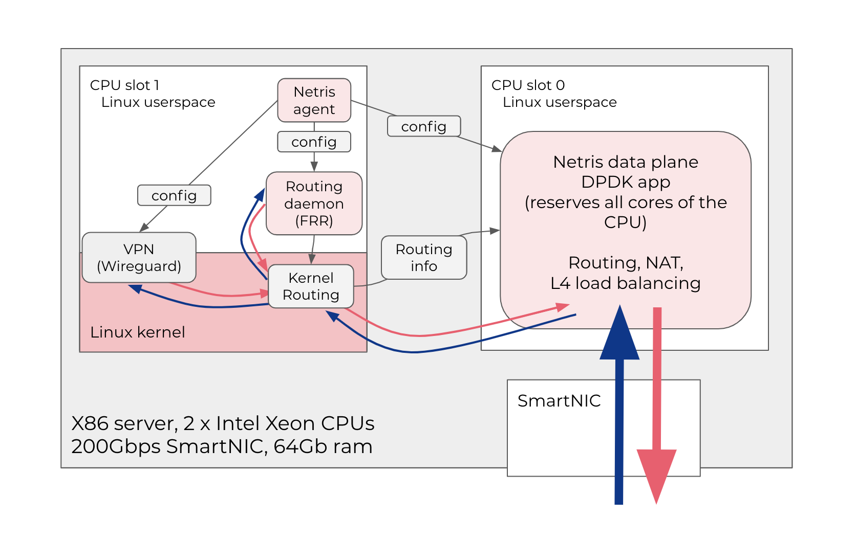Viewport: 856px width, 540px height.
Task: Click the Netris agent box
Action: click(314, 100)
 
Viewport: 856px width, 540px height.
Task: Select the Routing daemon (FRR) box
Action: click(314, 204)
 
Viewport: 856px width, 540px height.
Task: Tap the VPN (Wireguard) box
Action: click(139, 257)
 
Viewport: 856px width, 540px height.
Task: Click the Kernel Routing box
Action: click(311, 286)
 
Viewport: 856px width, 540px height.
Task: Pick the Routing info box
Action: click(423, 257)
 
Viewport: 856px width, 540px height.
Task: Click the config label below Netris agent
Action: click(314, 142)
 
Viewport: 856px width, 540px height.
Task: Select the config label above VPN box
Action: click(174, 195)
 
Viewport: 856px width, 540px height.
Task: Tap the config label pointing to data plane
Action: click(423, 126)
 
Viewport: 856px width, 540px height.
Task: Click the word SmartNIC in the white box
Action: click(559, 400)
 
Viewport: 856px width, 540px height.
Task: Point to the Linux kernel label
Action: click(137, 332)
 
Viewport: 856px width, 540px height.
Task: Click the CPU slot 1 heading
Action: click(124, 85)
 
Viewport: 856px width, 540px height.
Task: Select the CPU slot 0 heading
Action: click(528, 85)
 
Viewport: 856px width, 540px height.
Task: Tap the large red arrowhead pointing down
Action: click(656, 473)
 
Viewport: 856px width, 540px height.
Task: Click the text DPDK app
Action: click(626, 182)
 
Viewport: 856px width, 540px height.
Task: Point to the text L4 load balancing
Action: click(625, 283)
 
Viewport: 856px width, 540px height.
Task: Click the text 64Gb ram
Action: click(323, 446)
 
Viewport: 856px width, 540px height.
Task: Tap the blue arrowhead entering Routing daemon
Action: click(261, 194)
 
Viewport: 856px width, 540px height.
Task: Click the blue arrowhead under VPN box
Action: click(135, 288)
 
